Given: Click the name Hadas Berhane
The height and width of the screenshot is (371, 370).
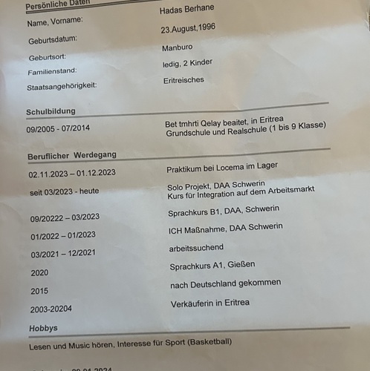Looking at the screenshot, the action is (x=188, y=11).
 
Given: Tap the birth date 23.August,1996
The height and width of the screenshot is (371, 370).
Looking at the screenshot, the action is (x=192, y=30).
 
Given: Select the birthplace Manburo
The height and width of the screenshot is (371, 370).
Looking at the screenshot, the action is (x=177, y=48).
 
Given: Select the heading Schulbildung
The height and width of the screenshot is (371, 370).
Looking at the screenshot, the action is (x=51, y=112).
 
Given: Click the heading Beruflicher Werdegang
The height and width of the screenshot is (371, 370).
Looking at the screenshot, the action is (x=72, y=155).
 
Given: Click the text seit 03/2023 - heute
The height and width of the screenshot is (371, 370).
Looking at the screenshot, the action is (x=64, y=191).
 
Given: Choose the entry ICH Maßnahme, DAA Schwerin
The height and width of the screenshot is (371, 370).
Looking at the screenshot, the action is (x=225, y=227).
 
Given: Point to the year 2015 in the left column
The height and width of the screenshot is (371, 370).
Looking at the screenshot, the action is (x=39, y=291).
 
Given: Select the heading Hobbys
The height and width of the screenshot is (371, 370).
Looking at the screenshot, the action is (x=43, y=328).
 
